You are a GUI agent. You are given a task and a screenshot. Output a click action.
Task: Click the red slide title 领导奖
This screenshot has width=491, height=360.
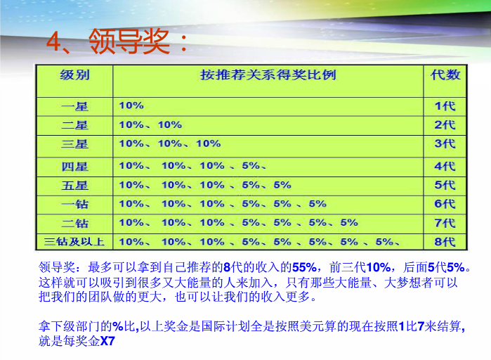click(129, 41)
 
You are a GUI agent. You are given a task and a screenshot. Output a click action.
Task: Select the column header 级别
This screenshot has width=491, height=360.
click(74, 75)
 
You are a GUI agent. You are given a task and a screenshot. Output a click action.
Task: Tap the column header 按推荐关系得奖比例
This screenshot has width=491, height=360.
click(268, 75)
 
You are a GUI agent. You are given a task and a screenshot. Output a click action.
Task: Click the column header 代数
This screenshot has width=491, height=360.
click(445, 75)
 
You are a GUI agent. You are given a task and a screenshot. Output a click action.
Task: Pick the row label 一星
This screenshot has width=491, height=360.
click(74, 107)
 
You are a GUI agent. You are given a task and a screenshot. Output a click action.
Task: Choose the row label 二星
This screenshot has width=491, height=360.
click(74, 125)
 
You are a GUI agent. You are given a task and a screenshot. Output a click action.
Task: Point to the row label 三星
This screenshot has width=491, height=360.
click(74, 144)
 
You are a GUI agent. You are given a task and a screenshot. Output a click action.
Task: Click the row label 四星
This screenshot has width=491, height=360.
click(74, 167)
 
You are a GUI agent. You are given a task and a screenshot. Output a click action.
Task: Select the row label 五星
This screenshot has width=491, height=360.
click(74, 186)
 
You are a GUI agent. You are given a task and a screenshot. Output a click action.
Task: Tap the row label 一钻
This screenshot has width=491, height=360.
click(74, 205)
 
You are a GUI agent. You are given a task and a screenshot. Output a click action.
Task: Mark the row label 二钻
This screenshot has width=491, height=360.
click(74, 224)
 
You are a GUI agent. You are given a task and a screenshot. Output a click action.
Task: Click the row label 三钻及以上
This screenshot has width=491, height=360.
click(74, 242)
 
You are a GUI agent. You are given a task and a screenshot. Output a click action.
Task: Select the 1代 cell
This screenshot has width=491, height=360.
click(445, 106)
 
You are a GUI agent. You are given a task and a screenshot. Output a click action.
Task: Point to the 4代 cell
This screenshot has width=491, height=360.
click(445, 166)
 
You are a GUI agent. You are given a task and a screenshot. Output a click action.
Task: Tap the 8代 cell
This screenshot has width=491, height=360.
click(445, 242)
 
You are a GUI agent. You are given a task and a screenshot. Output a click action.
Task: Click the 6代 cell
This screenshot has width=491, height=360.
click(445, 204)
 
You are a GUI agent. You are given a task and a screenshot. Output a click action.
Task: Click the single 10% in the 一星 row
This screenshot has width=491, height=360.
click(131, 105)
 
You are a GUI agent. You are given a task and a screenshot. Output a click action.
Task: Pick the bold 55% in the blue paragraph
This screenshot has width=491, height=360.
click(304, 267)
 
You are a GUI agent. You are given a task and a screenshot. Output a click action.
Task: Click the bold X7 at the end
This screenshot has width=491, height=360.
click(107, 341)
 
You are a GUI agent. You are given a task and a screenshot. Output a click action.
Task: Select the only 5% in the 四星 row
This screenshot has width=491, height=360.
click(251, 165)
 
